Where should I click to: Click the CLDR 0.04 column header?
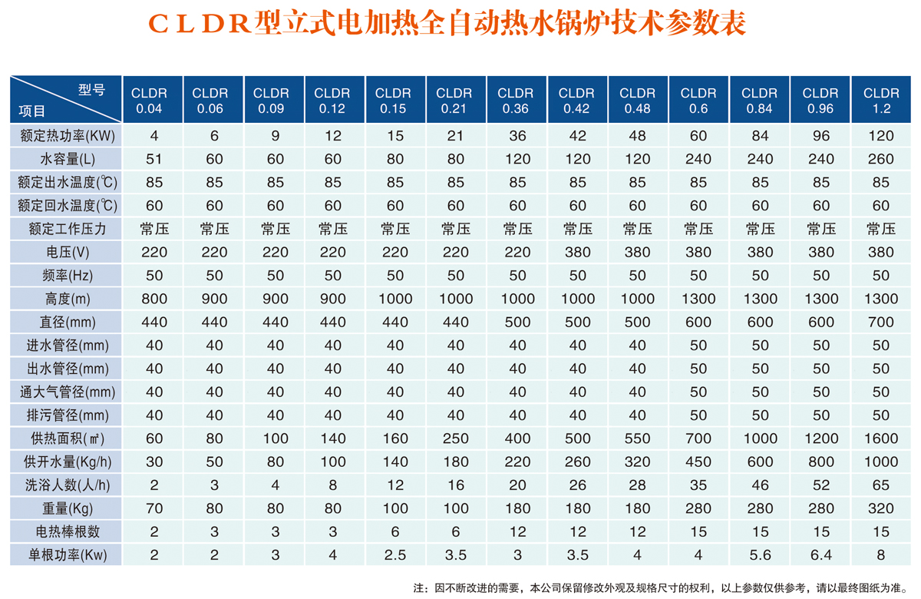coord(149,100)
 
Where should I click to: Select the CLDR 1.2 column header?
coord(881,100)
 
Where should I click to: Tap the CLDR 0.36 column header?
coord(515,100)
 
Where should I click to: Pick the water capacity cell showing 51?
coord(154,159)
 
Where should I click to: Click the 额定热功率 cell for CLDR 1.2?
coord(881,136)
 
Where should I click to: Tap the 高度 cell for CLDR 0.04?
coord(154,299)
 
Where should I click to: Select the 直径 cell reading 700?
coord(881,322)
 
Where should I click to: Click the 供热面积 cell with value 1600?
coord(881,438)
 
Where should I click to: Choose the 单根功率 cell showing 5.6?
coord(760,554)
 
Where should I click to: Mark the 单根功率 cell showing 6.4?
coord(820,554)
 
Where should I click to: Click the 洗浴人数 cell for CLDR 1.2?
coord(881,485)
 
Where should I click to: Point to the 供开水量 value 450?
coord(698,462)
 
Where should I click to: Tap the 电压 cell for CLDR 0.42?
coord(576,252)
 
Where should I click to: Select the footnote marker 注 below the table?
coord(419,588)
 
